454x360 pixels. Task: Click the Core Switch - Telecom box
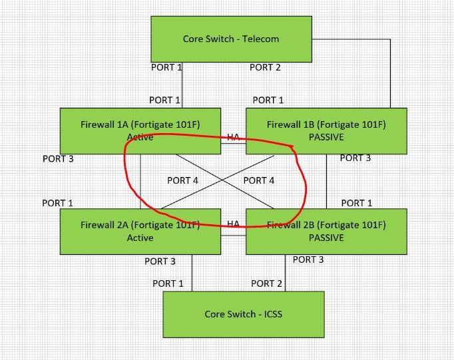click(231, 39)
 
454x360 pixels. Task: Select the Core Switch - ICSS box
click(244, 314)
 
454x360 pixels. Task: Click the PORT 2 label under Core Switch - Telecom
click(265, 67)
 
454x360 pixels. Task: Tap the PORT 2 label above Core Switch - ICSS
click(266, 283)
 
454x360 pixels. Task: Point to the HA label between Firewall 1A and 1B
click(233, 137)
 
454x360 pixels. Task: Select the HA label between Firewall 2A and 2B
click(233, 224)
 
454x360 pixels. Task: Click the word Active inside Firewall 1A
click(140, 137)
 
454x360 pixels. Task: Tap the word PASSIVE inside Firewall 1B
click(326, 137)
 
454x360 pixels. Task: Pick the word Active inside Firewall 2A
click(140, 238)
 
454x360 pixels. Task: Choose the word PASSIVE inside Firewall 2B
click(326, 238)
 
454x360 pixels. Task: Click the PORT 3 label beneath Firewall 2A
click(160, 262)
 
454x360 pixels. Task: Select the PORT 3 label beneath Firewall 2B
click(308, 260)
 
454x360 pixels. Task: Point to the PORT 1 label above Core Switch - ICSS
click(168, 283)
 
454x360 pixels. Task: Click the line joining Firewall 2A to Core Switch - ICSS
click(192, 273)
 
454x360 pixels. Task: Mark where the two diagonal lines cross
click(225, 181)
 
